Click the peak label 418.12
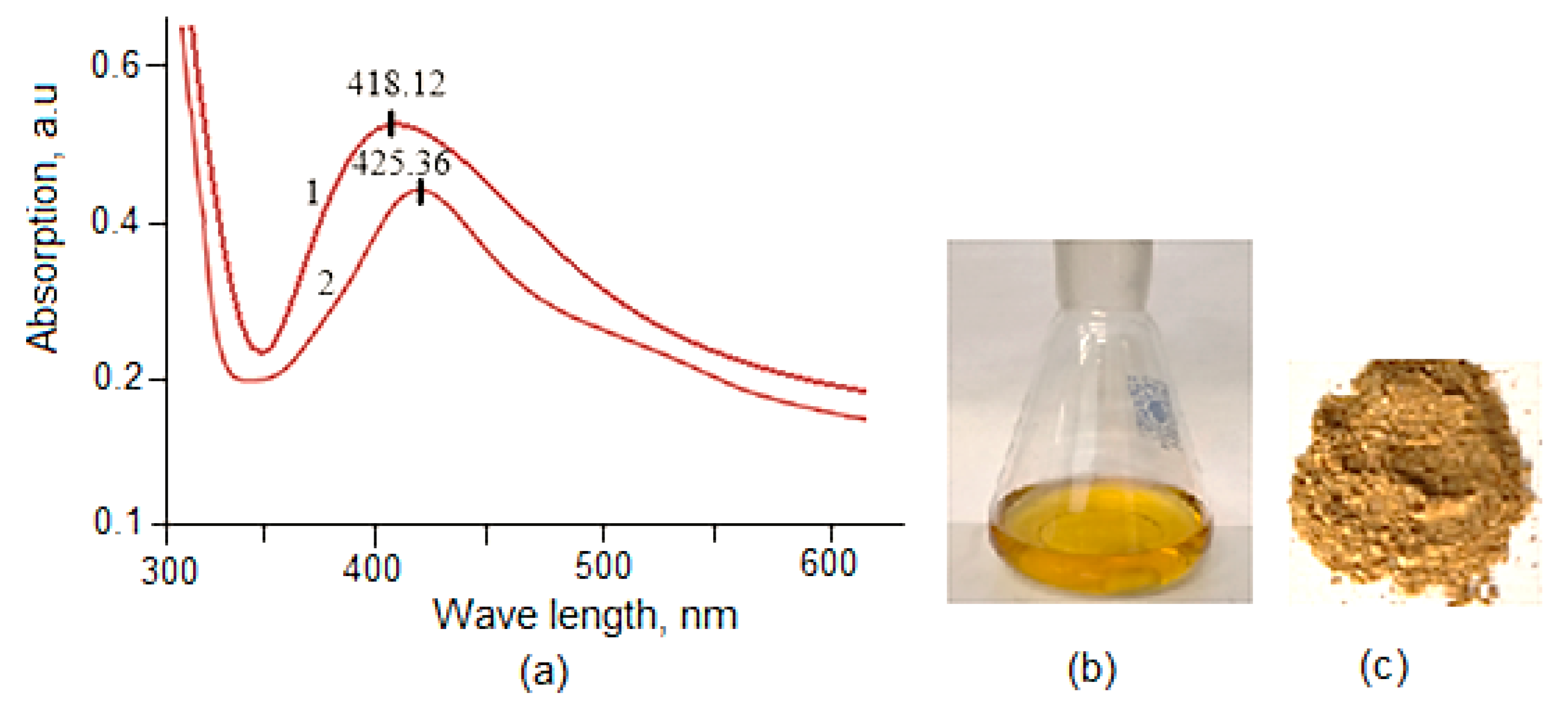click(x=396, y=84)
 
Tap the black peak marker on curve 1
click(x=392, y=124)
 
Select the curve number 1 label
click(x=312, y=193)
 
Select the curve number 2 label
click(x=326, y=283)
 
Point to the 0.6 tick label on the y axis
click(x=115, y=65)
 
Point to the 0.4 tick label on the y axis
click(x=115, y=221)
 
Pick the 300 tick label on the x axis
click(x=169, y=571)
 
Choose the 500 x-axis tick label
click(x=603, y=565)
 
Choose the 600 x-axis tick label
click(x=827, y=563)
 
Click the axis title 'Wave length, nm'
click(x=585, y=616)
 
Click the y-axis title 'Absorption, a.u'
click(x=44, y=219)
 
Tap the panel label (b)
click(x=1092, y=669)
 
